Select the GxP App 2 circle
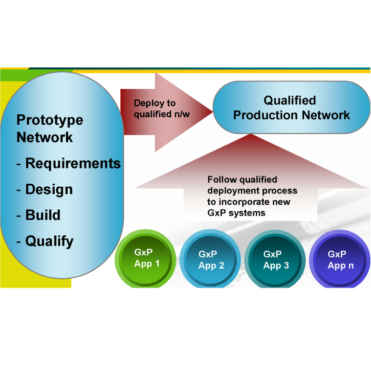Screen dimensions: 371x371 [x=211, y=260]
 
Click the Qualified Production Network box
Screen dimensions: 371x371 [x=291, y=108]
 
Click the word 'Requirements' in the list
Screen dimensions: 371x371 [x=73, y=163]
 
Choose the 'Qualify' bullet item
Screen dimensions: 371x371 [x=49, y=241]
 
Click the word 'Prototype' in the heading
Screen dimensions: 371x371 [x=50, y=120]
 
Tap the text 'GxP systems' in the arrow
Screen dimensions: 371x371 [x=236, y=213]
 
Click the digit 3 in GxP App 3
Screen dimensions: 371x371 [x=286, y=265]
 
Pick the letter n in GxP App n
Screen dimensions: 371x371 [x=350, y=265]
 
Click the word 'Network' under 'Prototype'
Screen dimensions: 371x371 [x=44, y=137]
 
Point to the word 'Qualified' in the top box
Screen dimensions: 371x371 [x=290, y=101]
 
